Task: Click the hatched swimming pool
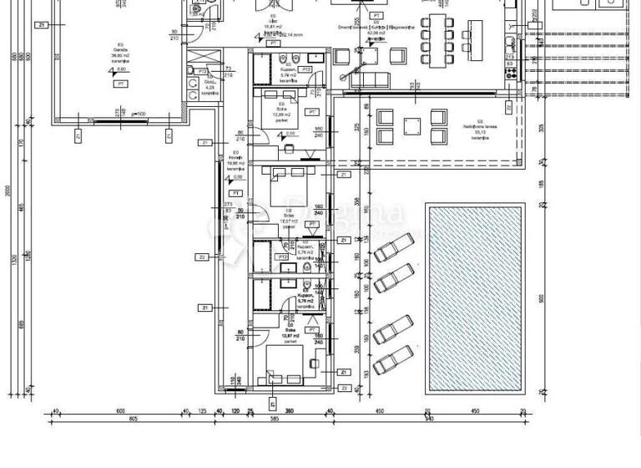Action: tap(475, 298)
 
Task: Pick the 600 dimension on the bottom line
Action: tap(119, 410)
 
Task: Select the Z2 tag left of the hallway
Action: tap(203, 257)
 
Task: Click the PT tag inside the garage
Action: tap(122, 84)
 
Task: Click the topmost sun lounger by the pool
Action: tap(393, 251)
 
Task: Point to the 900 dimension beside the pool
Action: tap(542, 298)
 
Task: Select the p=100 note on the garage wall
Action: tap(137, 113)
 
